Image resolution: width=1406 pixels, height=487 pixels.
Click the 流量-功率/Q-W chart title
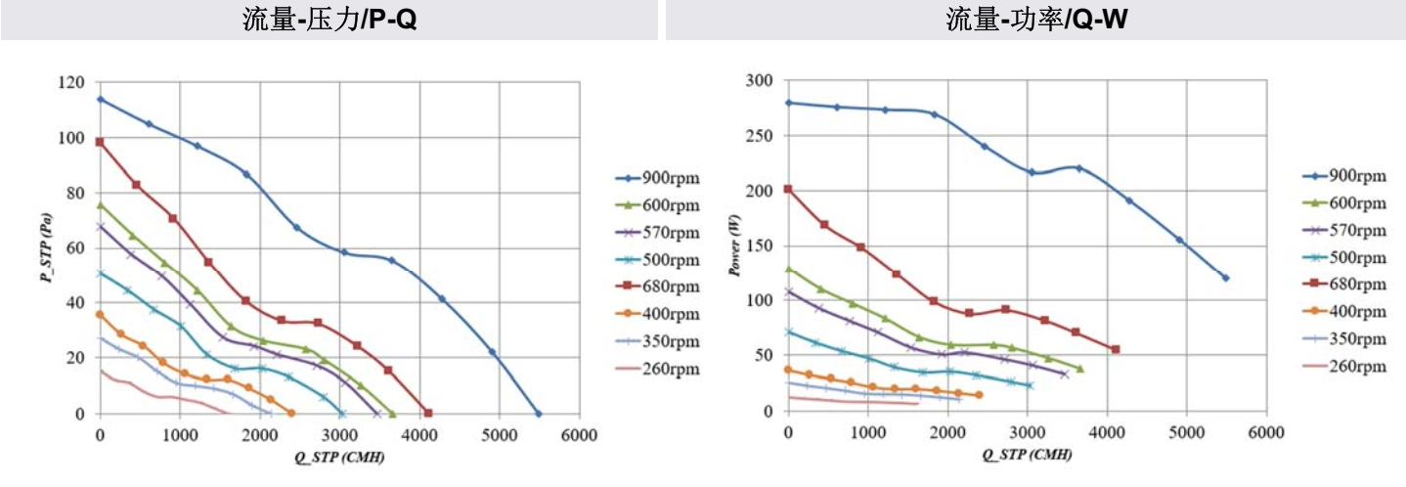(1035, 20)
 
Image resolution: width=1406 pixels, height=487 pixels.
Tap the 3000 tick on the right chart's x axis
(1027, 431)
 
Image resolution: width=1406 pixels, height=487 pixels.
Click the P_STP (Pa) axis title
(44, 248)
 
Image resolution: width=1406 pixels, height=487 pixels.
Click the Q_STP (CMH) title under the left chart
(339, 455)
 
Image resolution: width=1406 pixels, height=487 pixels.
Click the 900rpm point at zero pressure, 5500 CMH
(538, 414)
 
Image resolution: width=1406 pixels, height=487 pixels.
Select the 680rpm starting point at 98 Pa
(100, 142)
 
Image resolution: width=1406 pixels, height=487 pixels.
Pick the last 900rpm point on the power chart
(1225, 278)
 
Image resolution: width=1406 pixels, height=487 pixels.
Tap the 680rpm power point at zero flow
(788, 189)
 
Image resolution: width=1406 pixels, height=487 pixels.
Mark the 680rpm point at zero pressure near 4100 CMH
(427, 413)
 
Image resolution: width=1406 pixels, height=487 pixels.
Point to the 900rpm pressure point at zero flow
(100, 99)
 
